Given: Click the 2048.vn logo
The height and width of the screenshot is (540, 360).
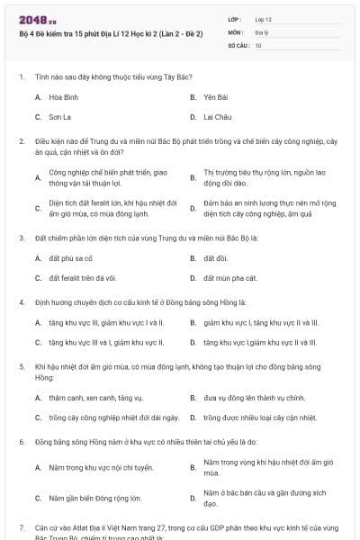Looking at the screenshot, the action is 32,19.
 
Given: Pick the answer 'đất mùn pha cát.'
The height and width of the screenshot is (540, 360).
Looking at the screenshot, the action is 224,277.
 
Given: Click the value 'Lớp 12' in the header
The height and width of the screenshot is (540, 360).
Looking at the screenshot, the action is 263,19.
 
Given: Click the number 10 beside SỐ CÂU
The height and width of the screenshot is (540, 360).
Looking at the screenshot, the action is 258,44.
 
